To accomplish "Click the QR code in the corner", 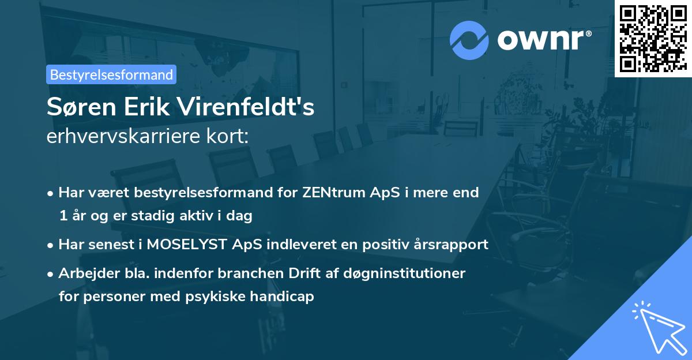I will [x=653, y=38].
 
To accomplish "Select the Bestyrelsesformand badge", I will [x=111, y=74].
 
